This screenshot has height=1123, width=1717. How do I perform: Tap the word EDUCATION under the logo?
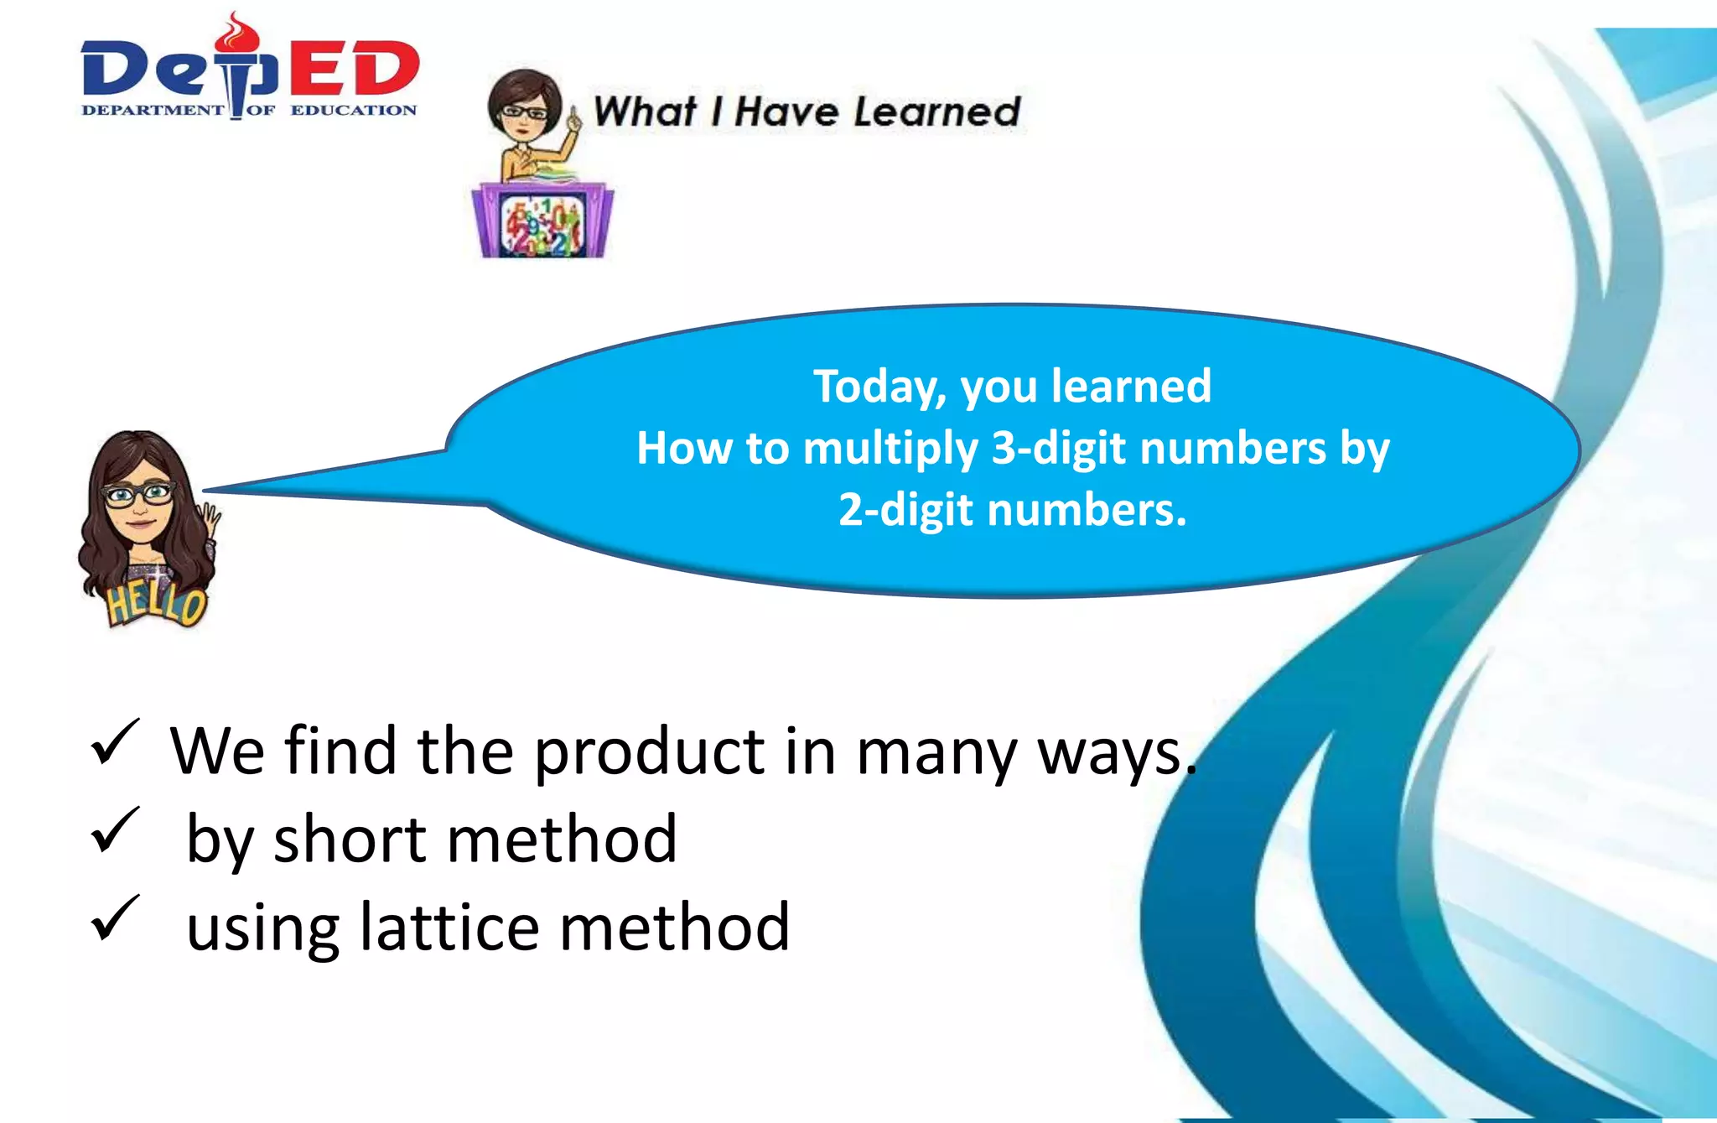[353, 110]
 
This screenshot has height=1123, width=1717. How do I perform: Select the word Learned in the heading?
[936, 112]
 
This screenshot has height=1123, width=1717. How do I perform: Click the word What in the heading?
[644, 112]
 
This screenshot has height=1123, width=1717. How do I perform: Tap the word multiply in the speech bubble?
[890, 450]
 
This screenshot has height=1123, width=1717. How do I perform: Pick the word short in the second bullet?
[350, 840]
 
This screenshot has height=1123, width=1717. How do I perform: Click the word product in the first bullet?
[649, 751]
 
